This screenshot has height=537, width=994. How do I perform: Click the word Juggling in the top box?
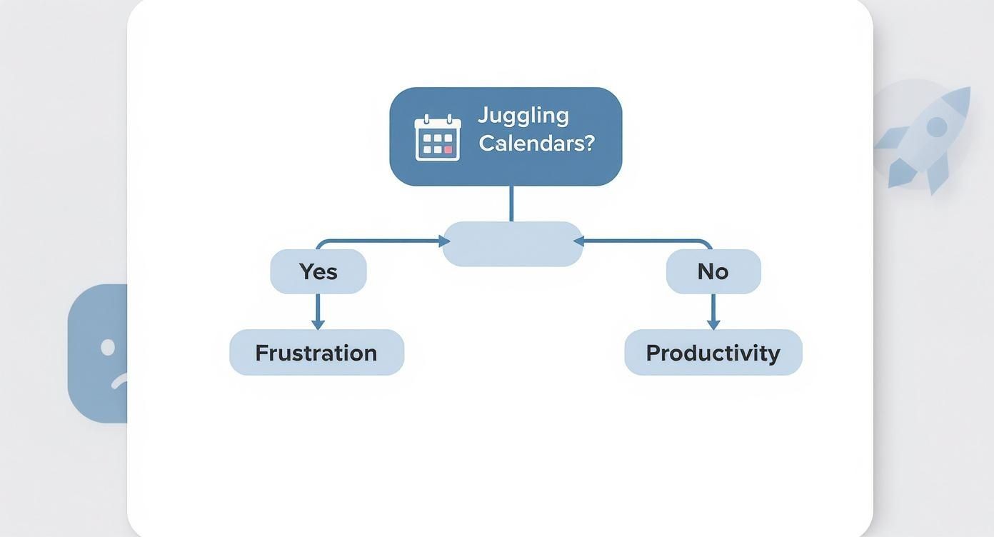pos(523,116)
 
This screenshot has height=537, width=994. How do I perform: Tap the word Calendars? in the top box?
pos(536,143)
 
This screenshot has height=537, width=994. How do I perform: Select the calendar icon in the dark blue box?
pos(438,137)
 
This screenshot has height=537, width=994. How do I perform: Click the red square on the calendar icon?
pos(448,150)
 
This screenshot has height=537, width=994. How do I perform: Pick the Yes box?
pos(318,271)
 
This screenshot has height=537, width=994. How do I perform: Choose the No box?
pos(713,271)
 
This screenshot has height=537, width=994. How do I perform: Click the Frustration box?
pos(316,353)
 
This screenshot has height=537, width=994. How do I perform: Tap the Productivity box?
pos(713,353)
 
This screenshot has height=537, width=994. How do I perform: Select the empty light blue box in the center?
pos(513,244)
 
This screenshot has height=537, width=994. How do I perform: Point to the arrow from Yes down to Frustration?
pos(318,311)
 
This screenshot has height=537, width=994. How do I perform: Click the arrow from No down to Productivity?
pos(713,311)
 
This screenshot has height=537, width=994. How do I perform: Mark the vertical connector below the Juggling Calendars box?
pos(511,204)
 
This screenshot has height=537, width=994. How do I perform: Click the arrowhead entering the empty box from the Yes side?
pos(444,241)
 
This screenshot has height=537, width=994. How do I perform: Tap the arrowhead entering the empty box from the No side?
pos(579,241)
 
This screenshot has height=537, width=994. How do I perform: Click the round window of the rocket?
pos(936,127)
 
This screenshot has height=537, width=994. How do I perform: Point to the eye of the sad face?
pos(108,348)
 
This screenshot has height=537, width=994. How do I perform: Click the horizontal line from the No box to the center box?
pos(643,241)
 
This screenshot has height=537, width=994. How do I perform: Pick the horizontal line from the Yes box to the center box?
pos(378,241)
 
